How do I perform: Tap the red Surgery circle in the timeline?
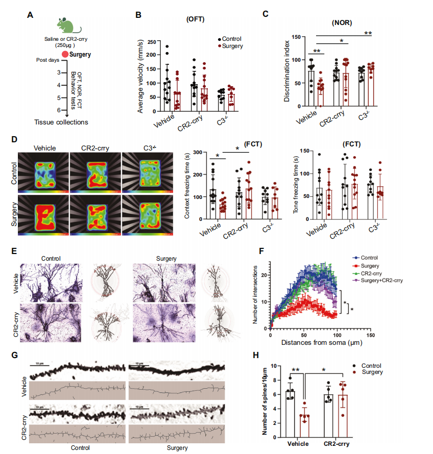click(x=65, y=54)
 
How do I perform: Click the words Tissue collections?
click(x=61, y=122)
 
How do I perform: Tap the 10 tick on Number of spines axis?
click(x=274, y=366)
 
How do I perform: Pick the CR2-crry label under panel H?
click(x=336, y=444)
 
